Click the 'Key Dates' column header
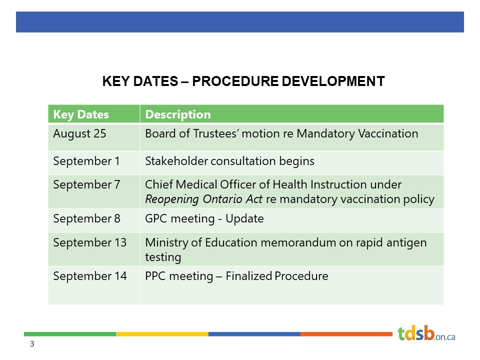pyautogui.click(x=81, y=114)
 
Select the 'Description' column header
pyautogui.click(x=178, y=114)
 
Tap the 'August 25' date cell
pyautogui.click(x=79, y=134)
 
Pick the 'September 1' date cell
pyautogui.click(x=86, y=161)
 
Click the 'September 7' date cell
pyautogui.click(x=86, y=184)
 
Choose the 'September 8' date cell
pyautogui.click(x=86, y=218)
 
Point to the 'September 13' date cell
pyautogui.click(x=89, y=243)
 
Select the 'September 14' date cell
pyautogui.click(x=89, y=276)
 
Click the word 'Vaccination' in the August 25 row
pyautogui.click(x=388, y=134)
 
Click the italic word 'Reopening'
pyautogui.click(x=172, y=199)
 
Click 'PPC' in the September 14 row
pyautogui.click(x=155, y=276)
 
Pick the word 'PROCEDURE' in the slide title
pyautogui.click(x=234, y=81)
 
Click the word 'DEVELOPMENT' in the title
pyautogui.click(x=333, y=81)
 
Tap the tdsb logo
pyautogui.click(x=426, y=333)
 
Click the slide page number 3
pyautogui.click(x=32, y=344)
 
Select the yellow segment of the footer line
pyautogui.click(x=162, y=334)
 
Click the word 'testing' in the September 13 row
pyautogui.click(x=163, y=257)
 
